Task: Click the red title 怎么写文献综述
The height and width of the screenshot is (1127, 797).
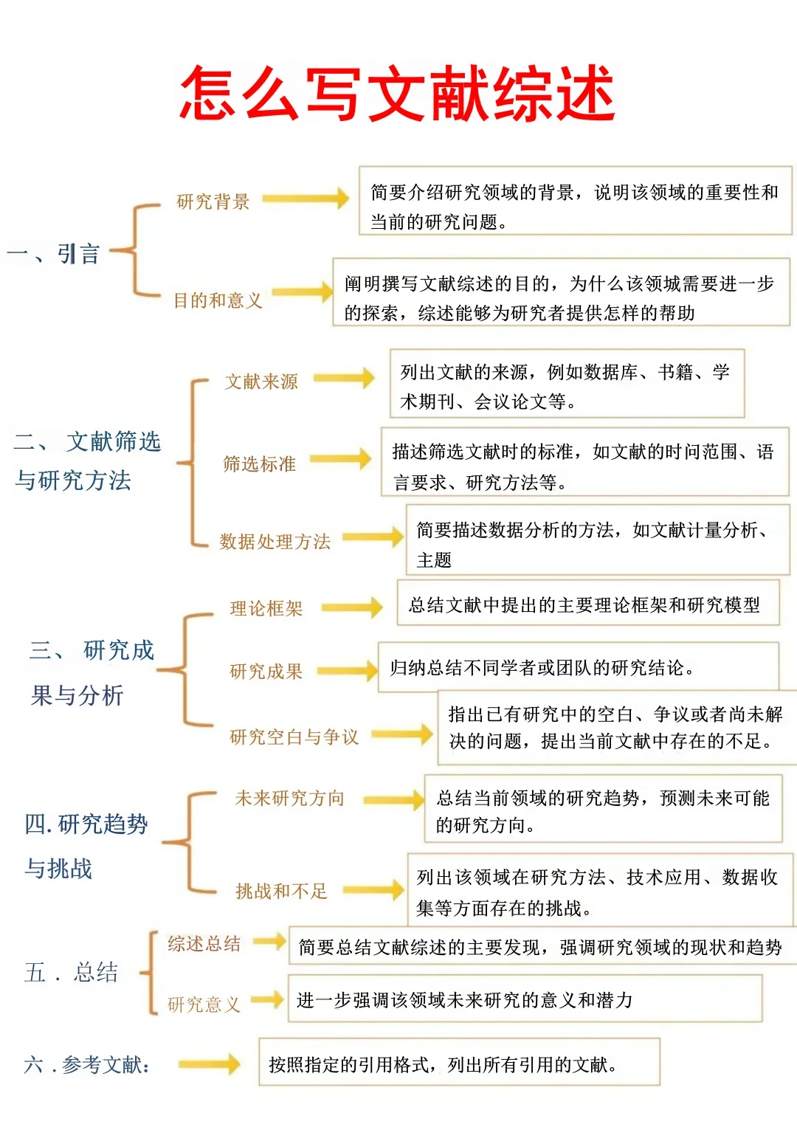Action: [398, 94]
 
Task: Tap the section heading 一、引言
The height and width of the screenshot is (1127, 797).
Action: [53, 254]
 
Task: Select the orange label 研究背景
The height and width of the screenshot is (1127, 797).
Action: [213, 201]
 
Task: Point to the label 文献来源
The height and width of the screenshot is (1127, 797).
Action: [261, 382]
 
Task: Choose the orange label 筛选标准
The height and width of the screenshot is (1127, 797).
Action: [259, 463]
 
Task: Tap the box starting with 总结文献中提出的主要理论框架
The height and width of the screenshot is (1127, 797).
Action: [587, 605]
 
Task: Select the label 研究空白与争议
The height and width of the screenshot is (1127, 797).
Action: [294, 737]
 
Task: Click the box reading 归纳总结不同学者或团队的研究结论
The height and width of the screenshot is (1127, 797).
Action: [578, 667]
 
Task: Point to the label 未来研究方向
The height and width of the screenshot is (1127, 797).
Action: [289, 798]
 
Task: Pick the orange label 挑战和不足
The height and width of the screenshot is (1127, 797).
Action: [280, 891]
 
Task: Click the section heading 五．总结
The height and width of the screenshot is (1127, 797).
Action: [71, 972]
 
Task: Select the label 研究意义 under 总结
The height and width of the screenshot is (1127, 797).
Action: [204, 1004]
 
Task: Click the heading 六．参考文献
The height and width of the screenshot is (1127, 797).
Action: [86, 1064]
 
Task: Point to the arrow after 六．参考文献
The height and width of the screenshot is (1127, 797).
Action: [209, 1064]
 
